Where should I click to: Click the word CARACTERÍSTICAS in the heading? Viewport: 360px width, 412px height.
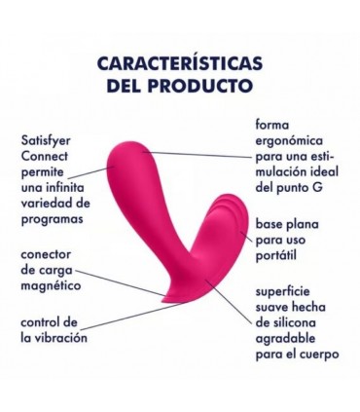pos(180,64)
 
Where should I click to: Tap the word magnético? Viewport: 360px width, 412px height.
pos(52,286)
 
